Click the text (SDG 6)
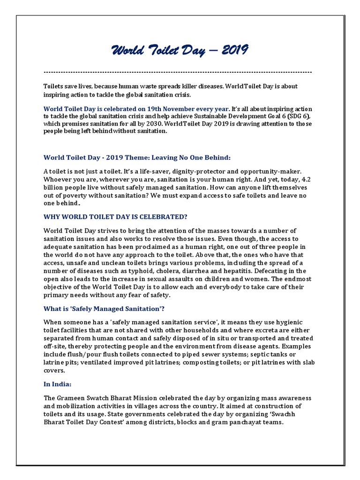coord(299,116)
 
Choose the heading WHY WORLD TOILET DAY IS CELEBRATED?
coord(115,217)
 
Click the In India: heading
coord(58,384)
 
